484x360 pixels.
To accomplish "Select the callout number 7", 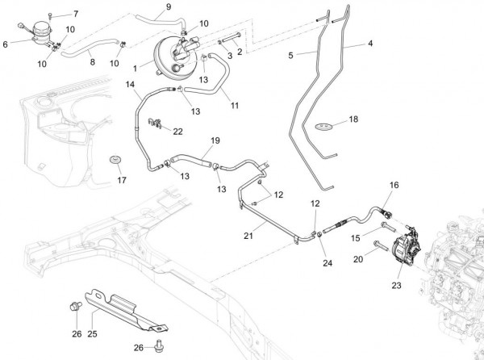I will (76, 15).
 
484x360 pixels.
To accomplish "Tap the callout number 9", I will (168, 7).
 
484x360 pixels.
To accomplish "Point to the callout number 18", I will (353, 119).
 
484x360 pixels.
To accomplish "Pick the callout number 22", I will (177, 131).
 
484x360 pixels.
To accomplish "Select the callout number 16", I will (394, 185).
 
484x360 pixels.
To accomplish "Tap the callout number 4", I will (370, 43).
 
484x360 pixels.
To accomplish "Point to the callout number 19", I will (215, 140).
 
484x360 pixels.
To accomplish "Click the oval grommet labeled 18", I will (323, 126).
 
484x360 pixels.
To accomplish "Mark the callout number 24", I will (327, 263).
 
